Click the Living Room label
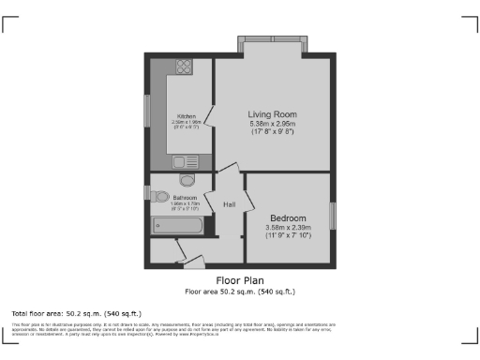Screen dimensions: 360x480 273,113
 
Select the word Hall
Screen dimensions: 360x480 229,203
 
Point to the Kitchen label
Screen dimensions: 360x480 187,116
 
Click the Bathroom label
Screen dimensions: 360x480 185,198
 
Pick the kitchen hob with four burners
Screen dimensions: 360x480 183,67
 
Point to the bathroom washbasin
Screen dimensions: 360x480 161,197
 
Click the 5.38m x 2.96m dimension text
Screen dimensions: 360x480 273,124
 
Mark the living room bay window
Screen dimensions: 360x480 272,46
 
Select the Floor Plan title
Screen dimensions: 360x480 240,280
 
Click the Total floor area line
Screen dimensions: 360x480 76,312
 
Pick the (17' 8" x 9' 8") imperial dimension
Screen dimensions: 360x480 273,132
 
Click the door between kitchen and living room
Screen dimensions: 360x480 211,117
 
